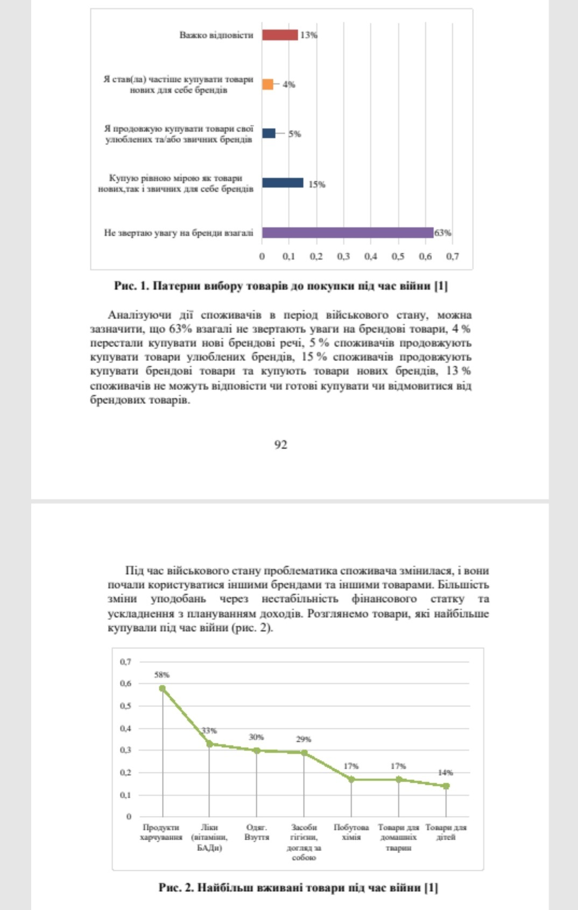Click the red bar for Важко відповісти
coord(280,35)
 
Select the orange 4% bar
coord(268,84)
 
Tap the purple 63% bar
coord(348,233)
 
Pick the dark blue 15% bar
coord(283,183)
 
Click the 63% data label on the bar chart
coord(443,233)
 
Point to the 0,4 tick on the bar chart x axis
coord(371,256)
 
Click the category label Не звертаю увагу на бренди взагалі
coord(179,233)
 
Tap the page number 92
coord(280,445)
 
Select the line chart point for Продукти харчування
coord(163,688)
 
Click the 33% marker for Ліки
coord(209,744)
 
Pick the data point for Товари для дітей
coord(446,786)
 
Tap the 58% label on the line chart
coord(162,675)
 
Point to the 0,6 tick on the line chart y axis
coord(125,684)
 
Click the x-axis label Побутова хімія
coord(351,832)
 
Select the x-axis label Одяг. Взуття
coord(257,832)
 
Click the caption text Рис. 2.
coord(175,887)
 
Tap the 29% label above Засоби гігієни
coord(304,739)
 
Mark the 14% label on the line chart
coord(446,772)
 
